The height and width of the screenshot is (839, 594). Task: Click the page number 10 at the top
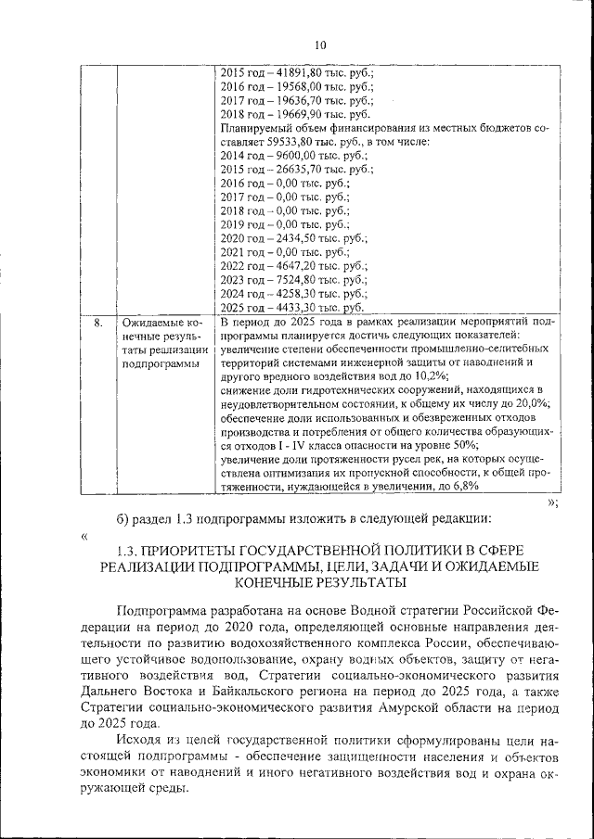pos(320,44)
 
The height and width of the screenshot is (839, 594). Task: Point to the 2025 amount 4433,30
pos(294,307)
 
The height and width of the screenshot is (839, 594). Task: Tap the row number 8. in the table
pos(98,322)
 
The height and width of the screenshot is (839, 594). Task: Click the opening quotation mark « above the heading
pos(84,535)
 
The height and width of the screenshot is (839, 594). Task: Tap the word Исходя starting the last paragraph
pos(139,741)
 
